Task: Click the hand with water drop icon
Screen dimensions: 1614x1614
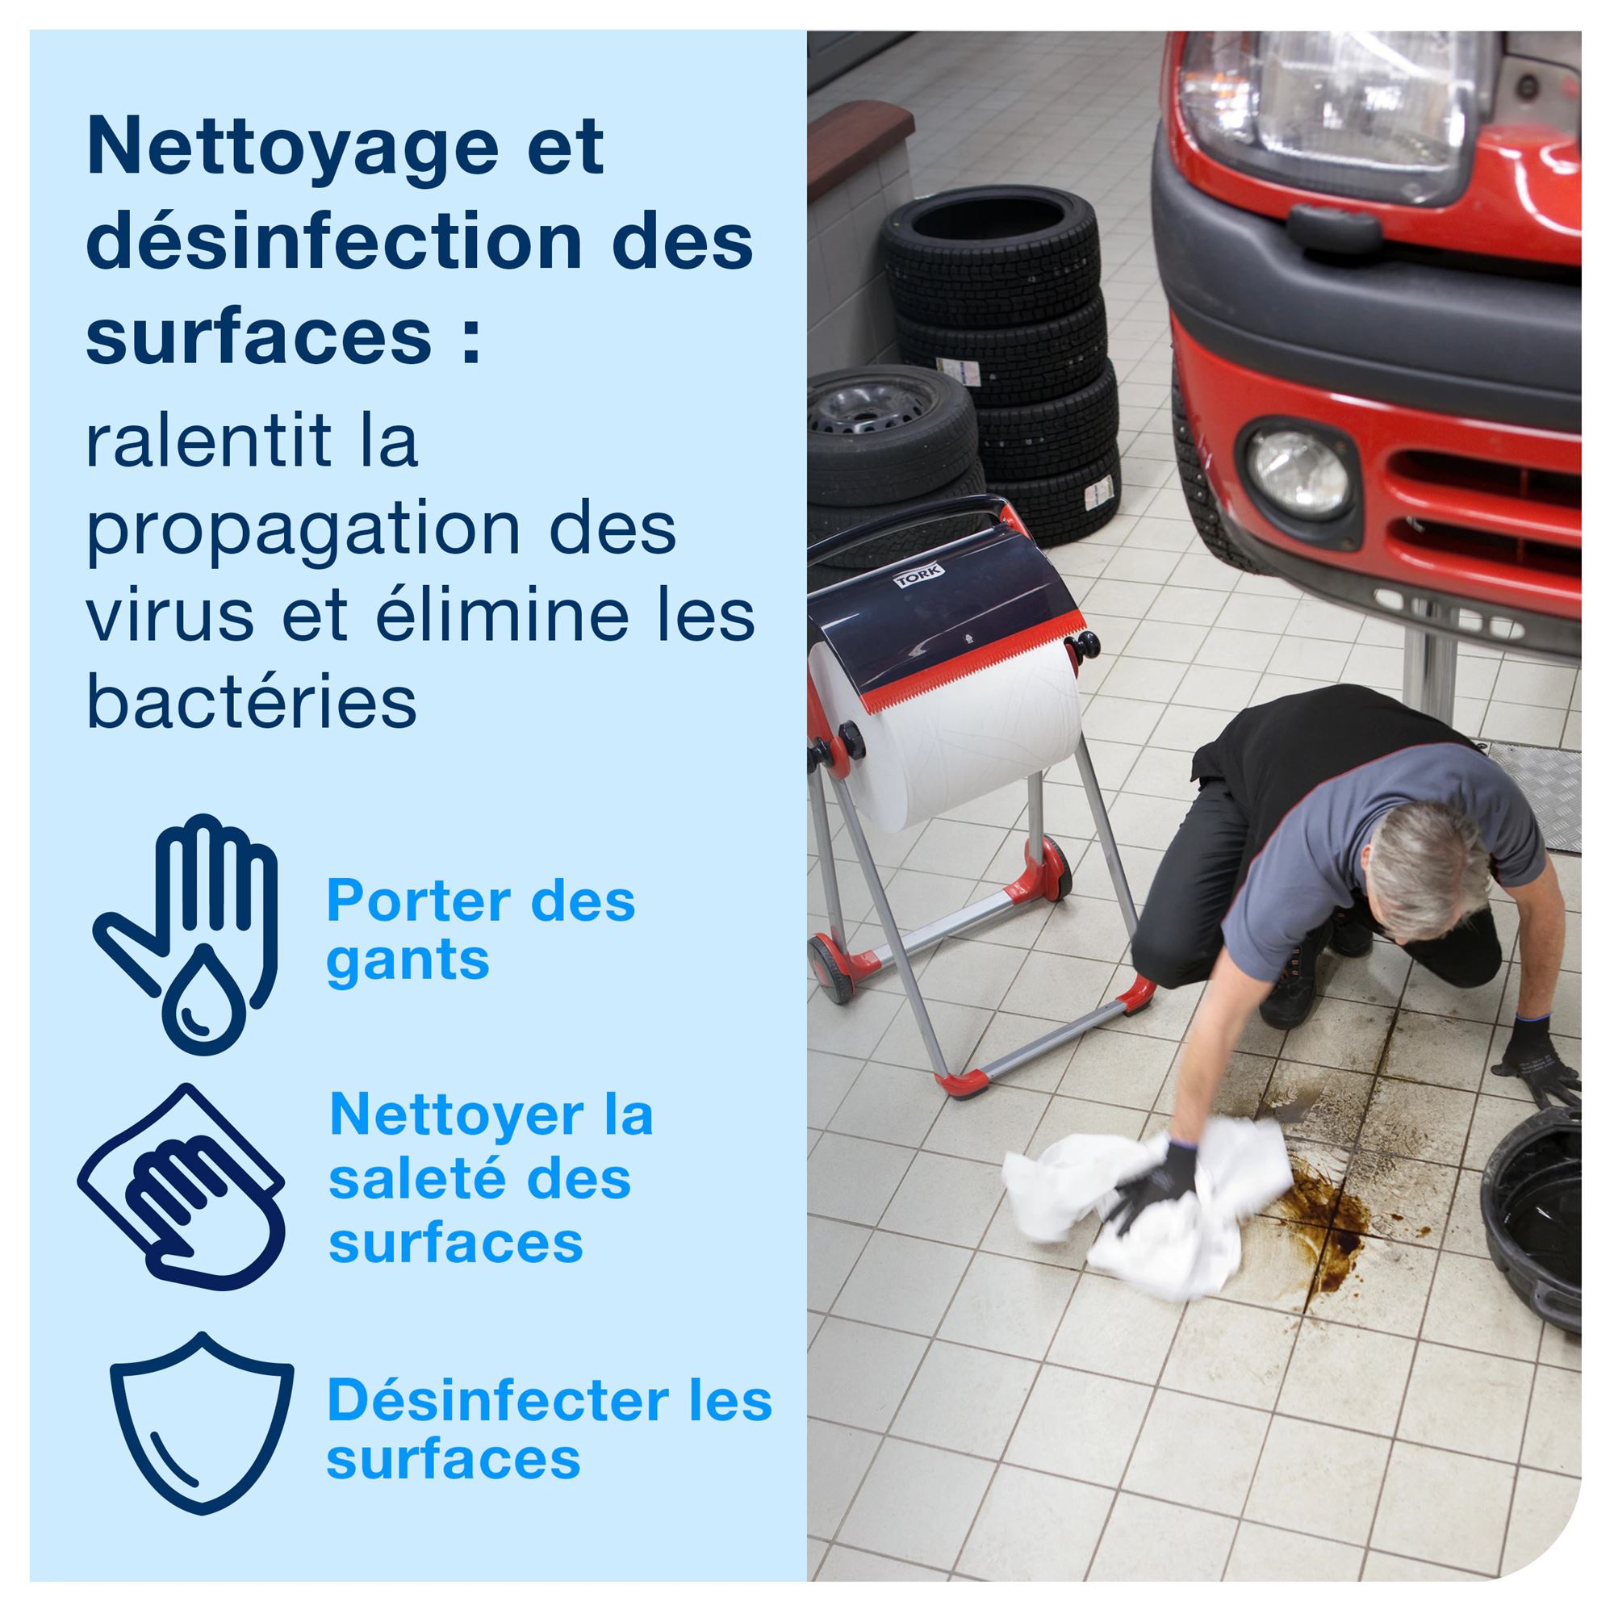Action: pyautogui.click(x=186, y=932)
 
